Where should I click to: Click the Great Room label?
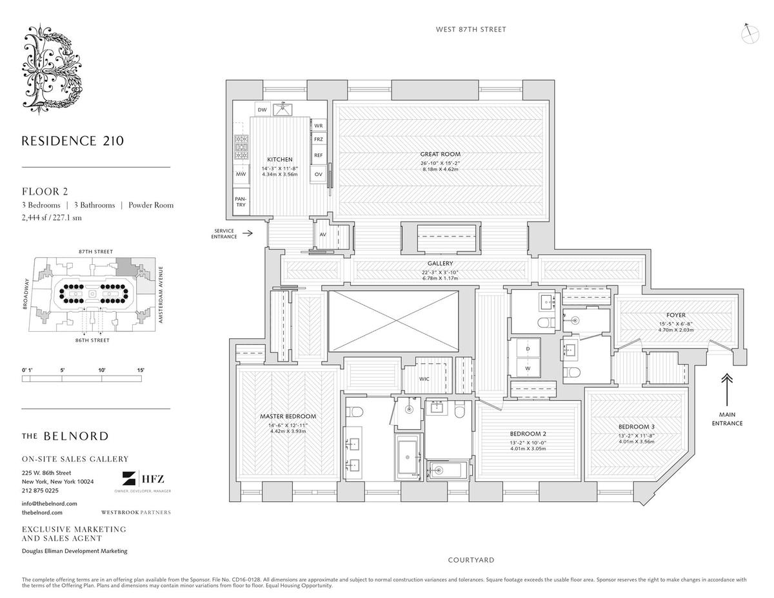[440, 154]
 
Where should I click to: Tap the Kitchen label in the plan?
[280, 159]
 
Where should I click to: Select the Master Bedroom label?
[288, 416]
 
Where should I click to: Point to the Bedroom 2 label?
[528, 433]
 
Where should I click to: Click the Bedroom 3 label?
[636, 427]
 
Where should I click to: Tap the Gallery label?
[440, 264]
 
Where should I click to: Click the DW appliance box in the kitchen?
[262, 110]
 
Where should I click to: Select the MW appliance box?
[241, 174]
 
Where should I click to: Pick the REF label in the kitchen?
[318, 155]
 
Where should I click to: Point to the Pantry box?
[241, 202]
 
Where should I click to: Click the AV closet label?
[322, 235]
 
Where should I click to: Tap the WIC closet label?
[424, 379]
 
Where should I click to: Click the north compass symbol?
[750, 33]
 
